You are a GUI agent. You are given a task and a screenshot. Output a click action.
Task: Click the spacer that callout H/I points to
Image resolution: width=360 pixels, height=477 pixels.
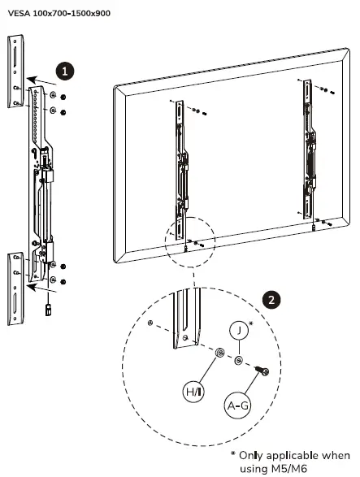click(x=220, y=353)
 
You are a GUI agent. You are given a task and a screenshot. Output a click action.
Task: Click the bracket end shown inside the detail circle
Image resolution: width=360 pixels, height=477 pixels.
click(x=188, y=325)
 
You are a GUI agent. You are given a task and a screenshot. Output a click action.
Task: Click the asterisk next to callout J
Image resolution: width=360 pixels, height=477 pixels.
click(x=250, y=325)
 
